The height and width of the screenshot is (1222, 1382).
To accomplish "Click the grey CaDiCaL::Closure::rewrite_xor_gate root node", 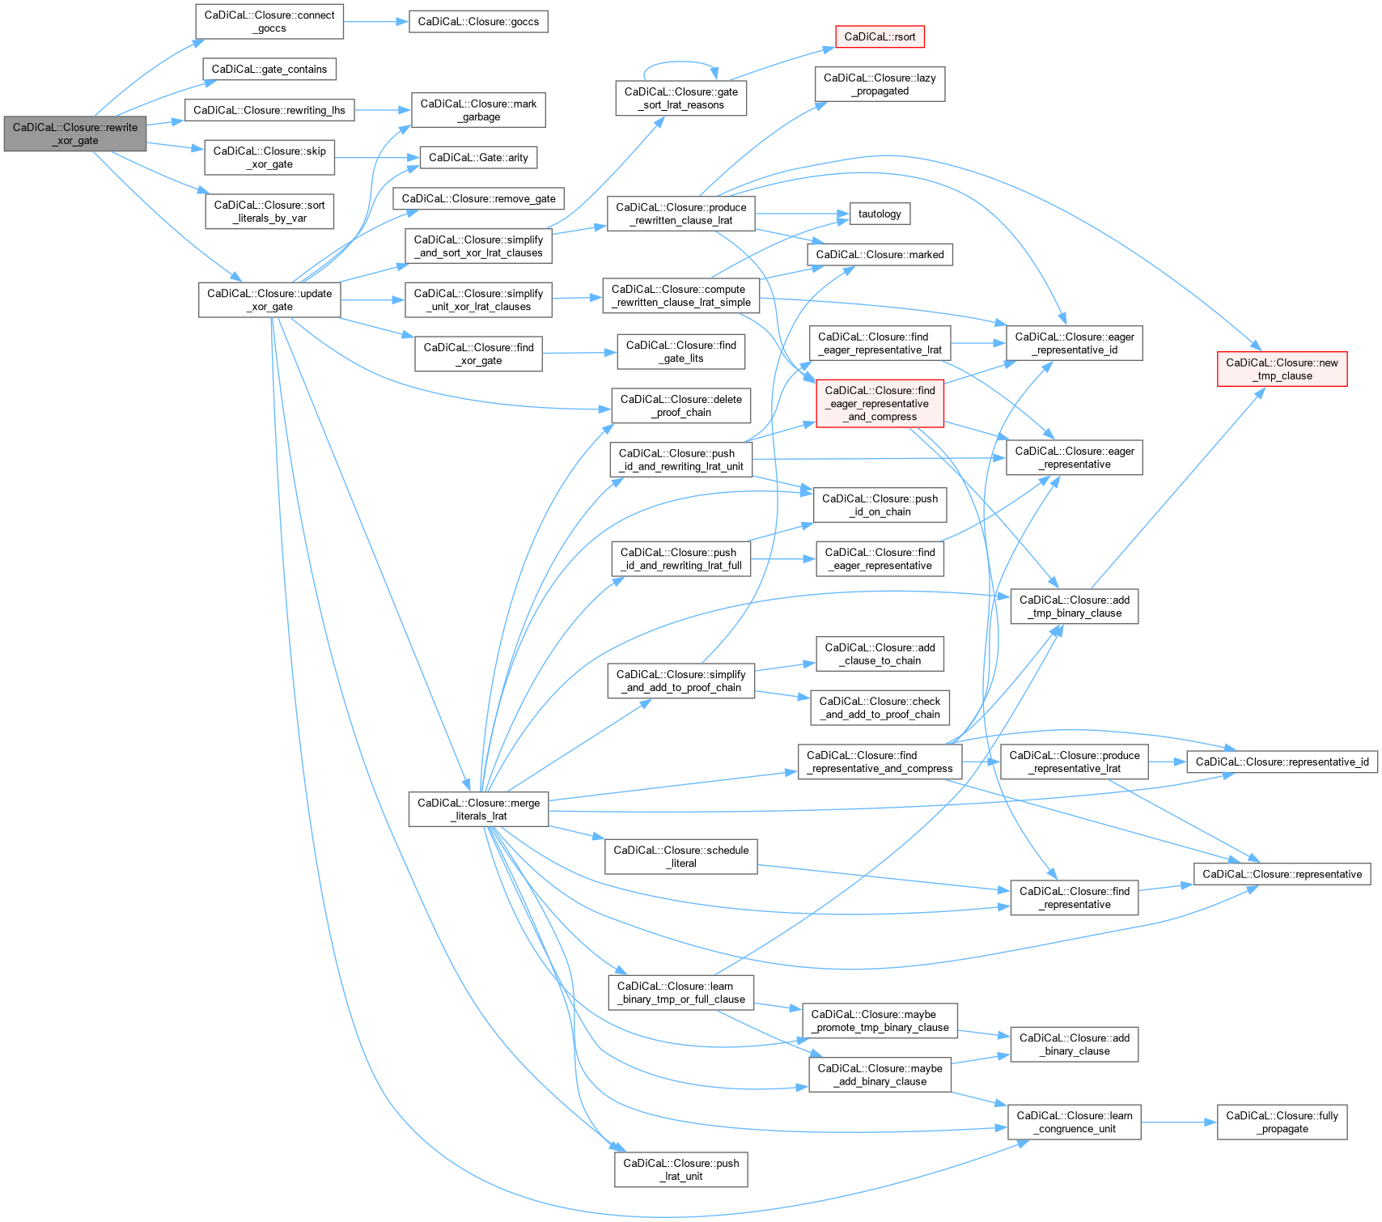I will (74, 134).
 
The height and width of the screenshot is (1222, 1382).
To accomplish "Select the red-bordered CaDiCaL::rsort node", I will (880, 36).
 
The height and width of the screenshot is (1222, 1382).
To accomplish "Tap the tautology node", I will (880, 214).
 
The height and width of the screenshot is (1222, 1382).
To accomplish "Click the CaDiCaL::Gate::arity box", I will (478, 157).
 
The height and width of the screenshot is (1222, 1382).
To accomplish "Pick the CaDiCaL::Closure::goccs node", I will (478, 21).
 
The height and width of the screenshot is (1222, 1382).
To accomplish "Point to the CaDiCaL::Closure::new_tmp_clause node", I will (1282, 369).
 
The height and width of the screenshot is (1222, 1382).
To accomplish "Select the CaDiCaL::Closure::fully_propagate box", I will (1282, 1122).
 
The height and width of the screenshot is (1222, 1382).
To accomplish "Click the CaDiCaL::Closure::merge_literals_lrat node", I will (478, 809).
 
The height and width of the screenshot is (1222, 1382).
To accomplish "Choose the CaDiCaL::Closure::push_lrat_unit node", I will (680, 1169).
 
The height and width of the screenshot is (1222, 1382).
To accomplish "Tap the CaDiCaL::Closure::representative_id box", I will (1282, 762).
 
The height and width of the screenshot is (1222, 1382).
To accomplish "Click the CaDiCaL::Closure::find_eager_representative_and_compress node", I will (880, 403).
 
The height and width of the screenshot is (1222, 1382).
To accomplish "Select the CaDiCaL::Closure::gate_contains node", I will (269, 69).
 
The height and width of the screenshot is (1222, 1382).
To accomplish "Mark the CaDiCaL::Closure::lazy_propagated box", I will (880, 84).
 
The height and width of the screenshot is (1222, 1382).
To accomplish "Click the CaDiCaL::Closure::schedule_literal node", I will (680, 856).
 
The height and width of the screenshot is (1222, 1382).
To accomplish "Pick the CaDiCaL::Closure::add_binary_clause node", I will (1074, 1044).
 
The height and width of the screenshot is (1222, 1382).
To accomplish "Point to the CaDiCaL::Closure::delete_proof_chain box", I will (680, 405).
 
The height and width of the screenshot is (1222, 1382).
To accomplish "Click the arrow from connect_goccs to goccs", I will (376, 21).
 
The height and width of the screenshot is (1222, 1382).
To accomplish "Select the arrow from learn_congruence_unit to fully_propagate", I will (1179, 1122).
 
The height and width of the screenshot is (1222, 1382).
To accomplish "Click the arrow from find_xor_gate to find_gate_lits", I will (579, 353).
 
